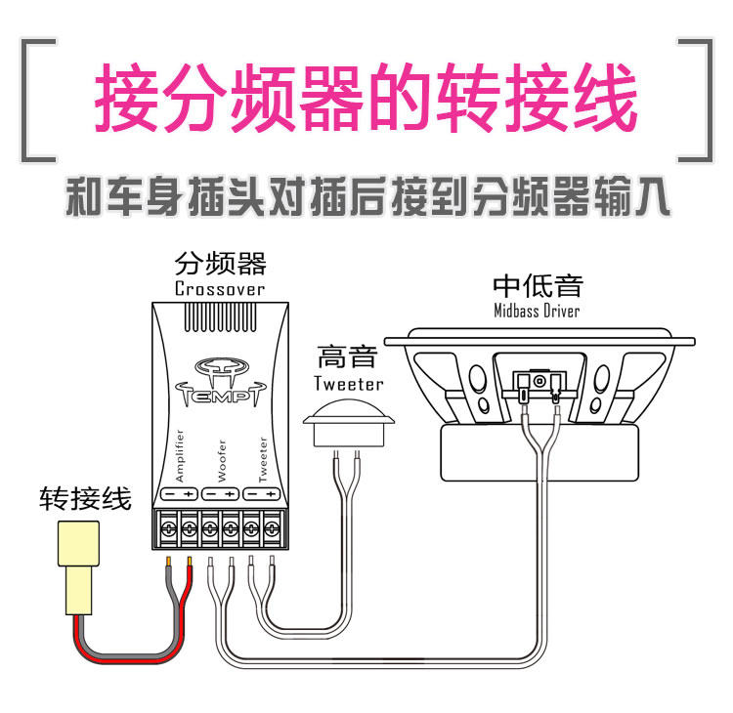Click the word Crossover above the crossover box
pos(219,289)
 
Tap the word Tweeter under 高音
pos(348,383)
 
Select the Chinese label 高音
pos(348,356)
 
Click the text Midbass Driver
pos(537,311)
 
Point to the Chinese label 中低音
pos(538,285)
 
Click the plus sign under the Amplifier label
pos(189,495)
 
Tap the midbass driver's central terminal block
pos(539,380)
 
